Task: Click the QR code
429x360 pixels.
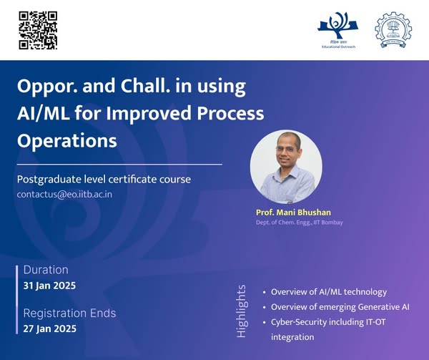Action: [38, 30]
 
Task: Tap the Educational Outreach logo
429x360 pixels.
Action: [338, 30]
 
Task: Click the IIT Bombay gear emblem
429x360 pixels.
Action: [393, 29]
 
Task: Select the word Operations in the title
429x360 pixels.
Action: [67, 141]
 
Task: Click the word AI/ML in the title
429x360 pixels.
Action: [43, 113]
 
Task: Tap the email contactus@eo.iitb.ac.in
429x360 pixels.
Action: [64, 195]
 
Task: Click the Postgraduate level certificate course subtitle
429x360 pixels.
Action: [104, 180]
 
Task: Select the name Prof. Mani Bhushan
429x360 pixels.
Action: [293, 213]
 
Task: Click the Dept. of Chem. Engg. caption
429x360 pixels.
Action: [300, 223]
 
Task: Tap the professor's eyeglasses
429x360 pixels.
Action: [286, 149]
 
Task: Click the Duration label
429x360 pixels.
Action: [46, 270]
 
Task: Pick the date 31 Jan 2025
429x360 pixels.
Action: [49, 286]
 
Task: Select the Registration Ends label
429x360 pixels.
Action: [69, 313]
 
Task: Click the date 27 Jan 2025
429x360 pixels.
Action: [49, 329]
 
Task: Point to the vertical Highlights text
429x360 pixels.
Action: [242, 311]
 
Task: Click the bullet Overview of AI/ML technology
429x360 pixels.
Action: [329, 292]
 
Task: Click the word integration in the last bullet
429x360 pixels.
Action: [292, 337]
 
